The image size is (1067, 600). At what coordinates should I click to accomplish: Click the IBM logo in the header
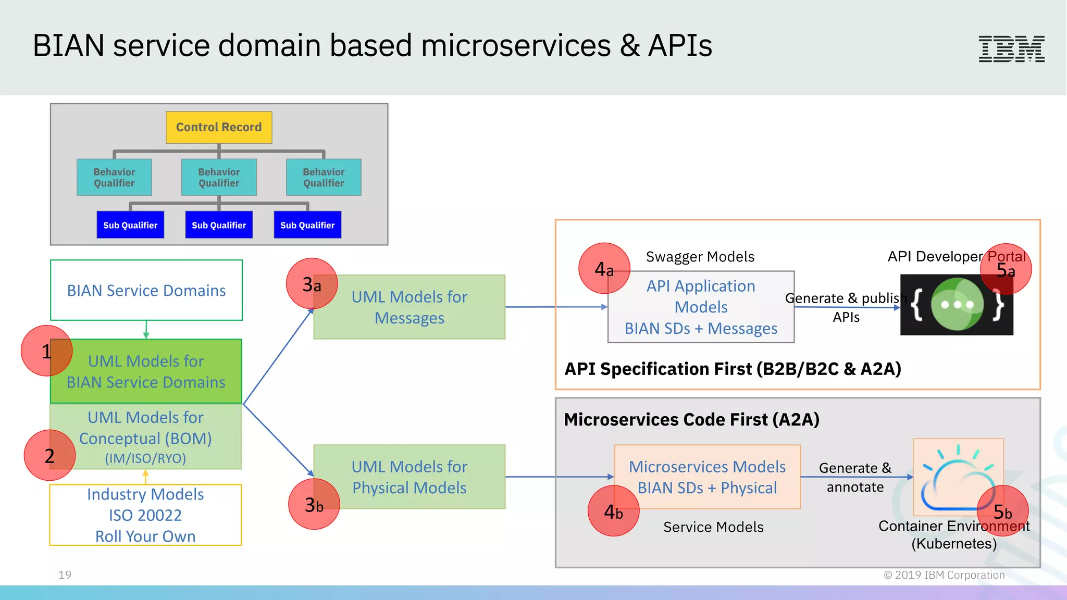[1011, 49]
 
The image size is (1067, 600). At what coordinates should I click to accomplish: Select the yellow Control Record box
[219, 127]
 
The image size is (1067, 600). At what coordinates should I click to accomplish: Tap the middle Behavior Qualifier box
[219, 178]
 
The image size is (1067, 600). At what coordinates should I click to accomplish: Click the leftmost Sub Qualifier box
[130, 225]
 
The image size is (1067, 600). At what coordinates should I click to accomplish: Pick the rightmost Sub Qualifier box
[307, 225]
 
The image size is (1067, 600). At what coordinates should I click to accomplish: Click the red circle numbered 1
[46, 351]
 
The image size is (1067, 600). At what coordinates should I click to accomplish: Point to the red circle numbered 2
[49, 456]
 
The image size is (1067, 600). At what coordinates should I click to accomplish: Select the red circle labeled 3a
[312, 284]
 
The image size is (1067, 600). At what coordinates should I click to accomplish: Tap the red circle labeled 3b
[314, 504]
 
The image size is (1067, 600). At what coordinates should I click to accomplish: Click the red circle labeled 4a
[604, 269]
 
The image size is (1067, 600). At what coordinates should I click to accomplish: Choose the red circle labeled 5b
[1002, 511]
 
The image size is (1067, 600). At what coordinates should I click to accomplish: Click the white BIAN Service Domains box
[146, 290]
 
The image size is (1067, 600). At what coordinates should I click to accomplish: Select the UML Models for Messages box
[410, 307]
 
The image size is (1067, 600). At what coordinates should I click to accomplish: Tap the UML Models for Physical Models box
[410, 477]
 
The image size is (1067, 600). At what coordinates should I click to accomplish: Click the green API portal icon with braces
[957, 305]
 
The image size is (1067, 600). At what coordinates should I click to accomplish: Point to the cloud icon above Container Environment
[958, 477]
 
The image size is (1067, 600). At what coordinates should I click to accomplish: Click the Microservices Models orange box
[707, 477]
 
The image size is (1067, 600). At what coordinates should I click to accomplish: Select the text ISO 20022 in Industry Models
[145, 515]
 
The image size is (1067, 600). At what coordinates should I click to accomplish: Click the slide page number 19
[65, 575]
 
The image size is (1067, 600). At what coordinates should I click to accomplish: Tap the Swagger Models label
[700, 257]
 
